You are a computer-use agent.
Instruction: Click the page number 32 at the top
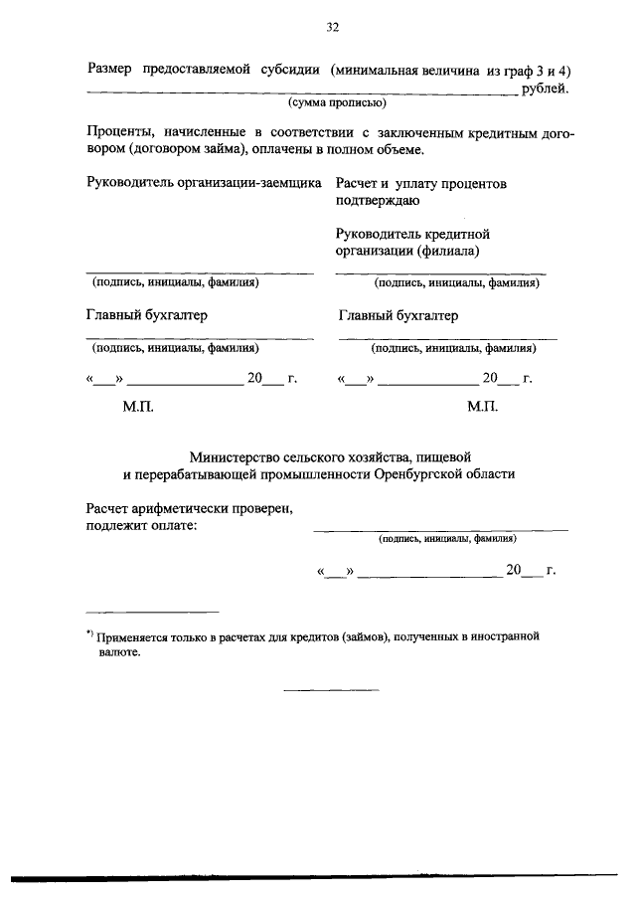point(333,28)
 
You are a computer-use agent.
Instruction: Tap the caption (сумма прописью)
point(337,103)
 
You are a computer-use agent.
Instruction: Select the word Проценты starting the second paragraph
point(117,132)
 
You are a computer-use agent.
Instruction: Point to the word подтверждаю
point(378,201)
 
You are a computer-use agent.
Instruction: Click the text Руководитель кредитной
point(413,235)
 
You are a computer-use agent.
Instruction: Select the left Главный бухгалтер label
point(147,316)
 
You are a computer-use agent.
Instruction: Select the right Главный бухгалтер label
point(398,316)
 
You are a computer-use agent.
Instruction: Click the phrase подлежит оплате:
point(141,526)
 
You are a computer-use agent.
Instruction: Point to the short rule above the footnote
point(152,612)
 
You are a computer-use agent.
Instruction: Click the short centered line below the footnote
point(331,689)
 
